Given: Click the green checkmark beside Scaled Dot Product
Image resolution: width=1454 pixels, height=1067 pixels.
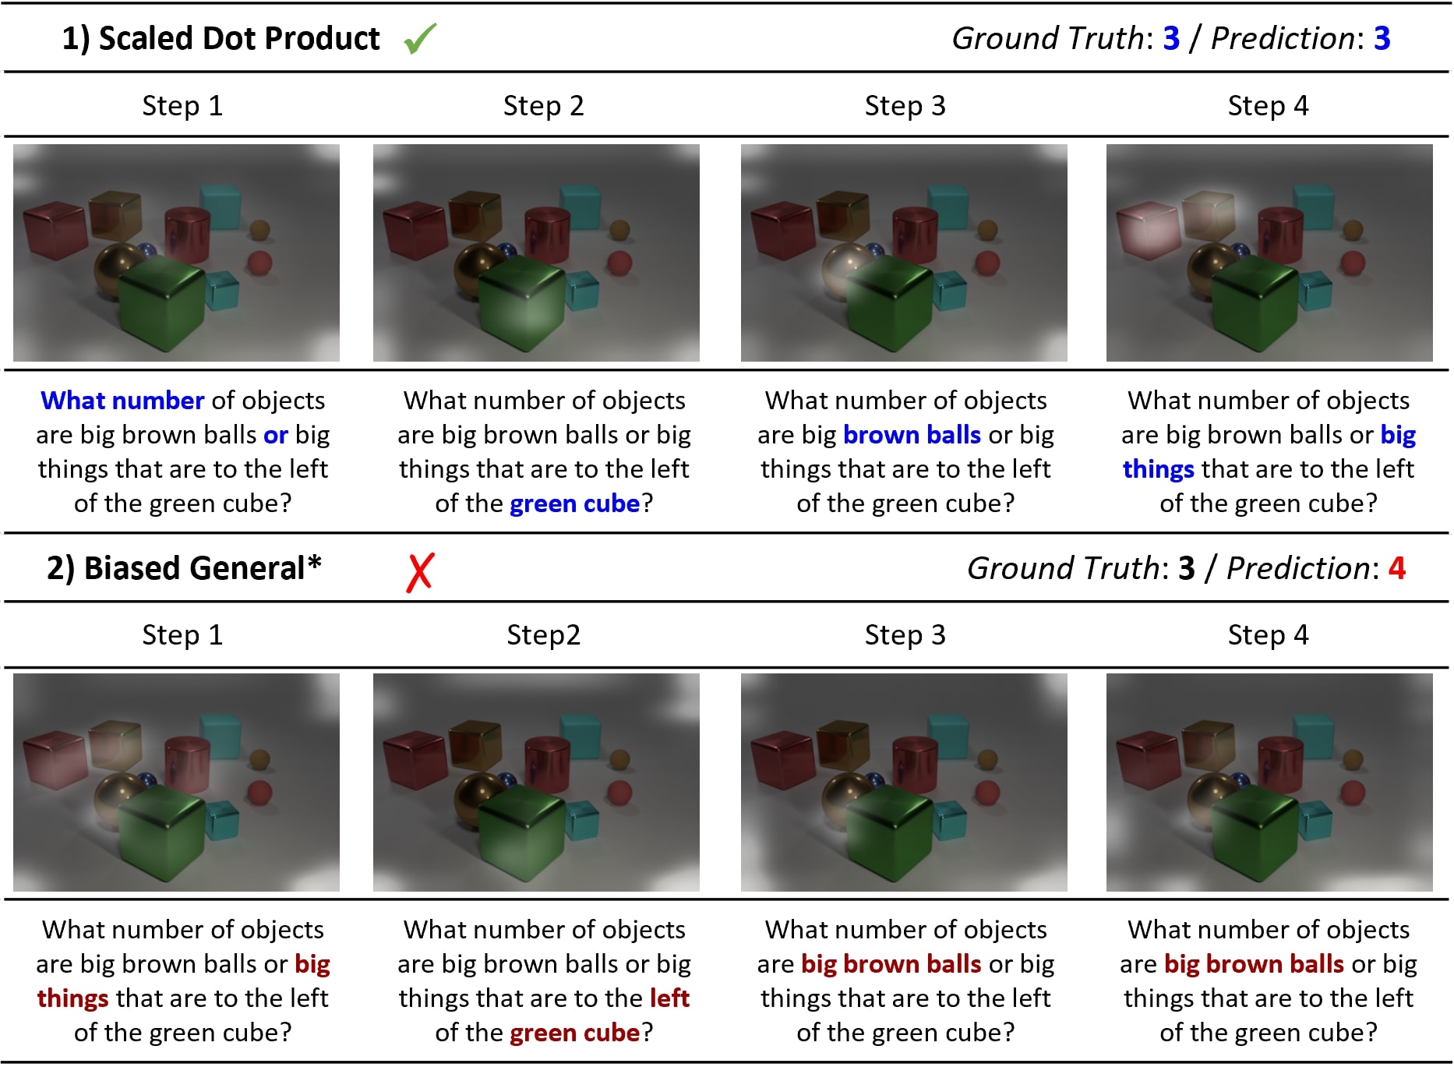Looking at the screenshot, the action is [x=421, y=38].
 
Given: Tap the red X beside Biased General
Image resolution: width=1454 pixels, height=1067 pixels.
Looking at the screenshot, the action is [x=420, y=572].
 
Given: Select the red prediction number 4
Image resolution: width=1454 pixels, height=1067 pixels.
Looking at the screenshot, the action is [x=1397, y=568].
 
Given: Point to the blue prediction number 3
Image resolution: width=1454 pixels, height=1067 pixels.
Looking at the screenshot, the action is [x=1382, y=38].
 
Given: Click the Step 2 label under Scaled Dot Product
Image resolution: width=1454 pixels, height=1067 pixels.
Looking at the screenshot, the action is [x=543, y=105].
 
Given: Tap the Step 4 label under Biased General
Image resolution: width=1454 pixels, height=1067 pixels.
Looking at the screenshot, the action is [x=1268, y=634].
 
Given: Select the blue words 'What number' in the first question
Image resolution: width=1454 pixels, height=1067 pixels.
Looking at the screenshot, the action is [x=122, y=400].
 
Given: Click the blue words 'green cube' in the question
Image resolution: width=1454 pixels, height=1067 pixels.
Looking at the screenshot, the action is [x=575, y=503].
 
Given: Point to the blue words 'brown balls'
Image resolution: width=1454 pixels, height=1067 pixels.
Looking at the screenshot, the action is [x=912, y=434].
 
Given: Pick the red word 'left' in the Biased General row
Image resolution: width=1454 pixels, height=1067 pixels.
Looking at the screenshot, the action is [x=669, y=998].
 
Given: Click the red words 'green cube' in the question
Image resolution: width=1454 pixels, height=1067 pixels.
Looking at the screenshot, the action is [x=575, y=1033].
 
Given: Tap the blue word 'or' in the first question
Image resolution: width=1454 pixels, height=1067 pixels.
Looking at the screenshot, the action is [x=276, y=435].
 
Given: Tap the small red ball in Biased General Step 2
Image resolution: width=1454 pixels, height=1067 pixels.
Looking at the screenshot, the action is [x=619, y=793].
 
